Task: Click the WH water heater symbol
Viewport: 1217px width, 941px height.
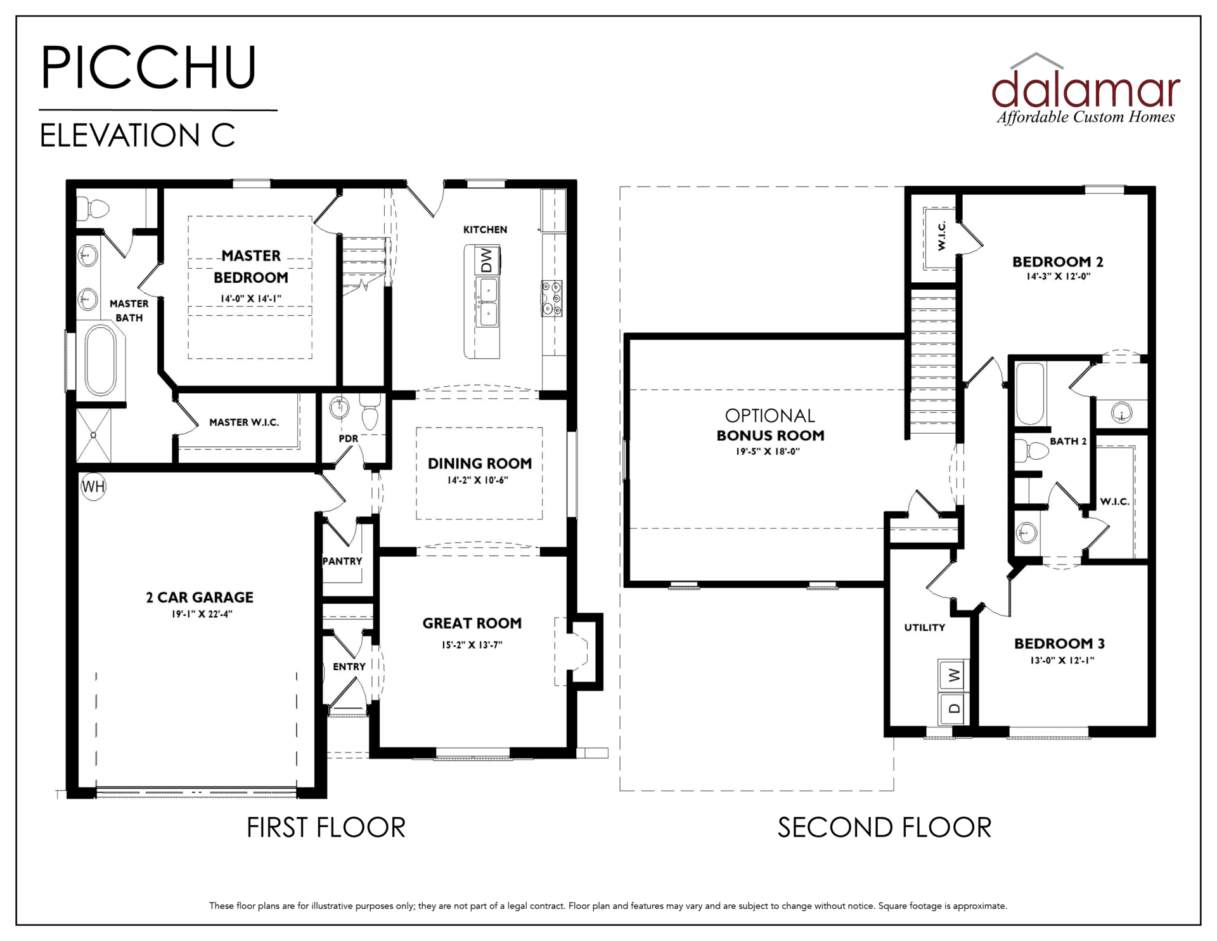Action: [x=93, y=487]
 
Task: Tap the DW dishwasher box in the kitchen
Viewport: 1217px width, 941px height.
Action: [x=487, y=260]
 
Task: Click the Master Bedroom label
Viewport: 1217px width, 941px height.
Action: [x=251, y=266]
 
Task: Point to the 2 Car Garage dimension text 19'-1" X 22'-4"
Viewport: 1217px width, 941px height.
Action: [x=202, y=614]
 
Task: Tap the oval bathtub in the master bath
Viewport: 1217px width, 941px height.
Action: [x=101, y=360]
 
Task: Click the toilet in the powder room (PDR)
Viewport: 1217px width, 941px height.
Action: [x=370, y=412]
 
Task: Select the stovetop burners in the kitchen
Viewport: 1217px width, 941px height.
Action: [x=551, y=298]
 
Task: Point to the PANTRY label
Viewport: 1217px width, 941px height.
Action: [x=342, y=561]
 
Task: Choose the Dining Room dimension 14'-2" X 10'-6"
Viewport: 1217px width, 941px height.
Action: [x=478, y=481]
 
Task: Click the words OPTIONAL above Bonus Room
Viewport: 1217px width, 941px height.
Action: [x=770, y=416]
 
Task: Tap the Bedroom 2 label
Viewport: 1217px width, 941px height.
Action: [x=1058, y=262]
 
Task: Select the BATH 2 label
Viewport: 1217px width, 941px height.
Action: [x=1068, y=441]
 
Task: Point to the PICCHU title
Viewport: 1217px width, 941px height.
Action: [x=149, y=67]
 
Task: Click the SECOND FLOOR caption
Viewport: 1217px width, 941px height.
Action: [x=884, y=827]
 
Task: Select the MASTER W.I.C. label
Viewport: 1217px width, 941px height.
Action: [x=244, y=422]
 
